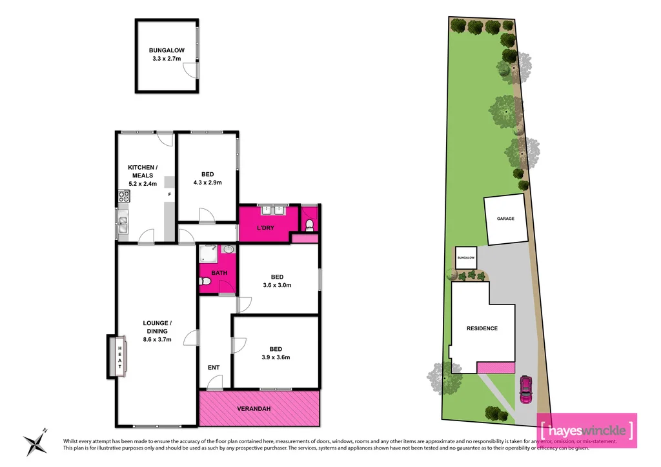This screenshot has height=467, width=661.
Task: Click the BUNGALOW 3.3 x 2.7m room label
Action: pos(166,54)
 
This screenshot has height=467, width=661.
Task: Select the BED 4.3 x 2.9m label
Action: pos(207,179)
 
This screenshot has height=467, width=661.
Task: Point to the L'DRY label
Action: pos(265,229)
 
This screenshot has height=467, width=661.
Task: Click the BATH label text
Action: pos(219,273)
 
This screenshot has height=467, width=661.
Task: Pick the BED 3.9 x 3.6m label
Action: pos(276,353)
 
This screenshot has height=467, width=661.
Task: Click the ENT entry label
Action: pos(214,368)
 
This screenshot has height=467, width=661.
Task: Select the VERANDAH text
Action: pos(259,408)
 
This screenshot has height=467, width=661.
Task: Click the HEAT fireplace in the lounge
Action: pos(119,356)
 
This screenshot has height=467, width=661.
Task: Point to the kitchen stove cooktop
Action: pos(122,197)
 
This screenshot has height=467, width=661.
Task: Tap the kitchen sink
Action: pos(123,224)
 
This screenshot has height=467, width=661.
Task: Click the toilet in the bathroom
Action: pos(205,282)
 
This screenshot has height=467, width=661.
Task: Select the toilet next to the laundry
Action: pos(310,224)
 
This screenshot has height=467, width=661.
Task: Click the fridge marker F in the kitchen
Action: pos(169,194)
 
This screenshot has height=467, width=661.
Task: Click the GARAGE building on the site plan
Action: pos(505,219)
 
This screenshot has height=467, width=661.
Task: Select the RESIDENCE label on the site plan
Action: pos(482,328)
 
